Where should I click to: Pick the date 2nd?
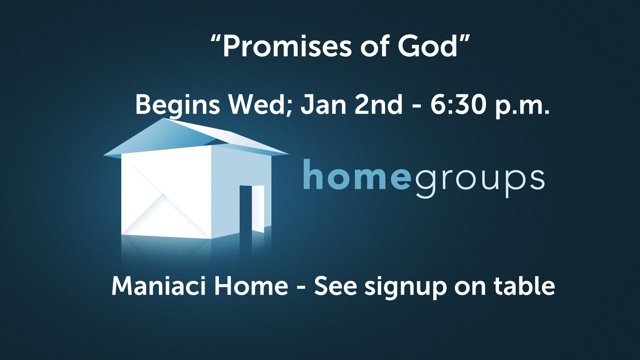point(379,104)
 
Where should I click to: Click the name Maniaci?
point(158,286)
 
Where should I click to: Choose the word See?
point(335,286)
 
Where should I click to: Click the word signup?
point(405,288)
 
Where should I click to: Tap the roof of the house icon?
point(196,137)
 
